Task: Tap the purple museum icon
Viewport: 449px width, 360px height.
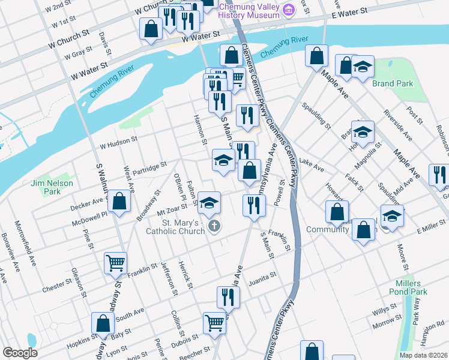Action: pyautogui.click(x=289, y=9)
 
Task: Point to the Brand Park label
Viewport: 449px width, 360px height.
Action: pyautogui.click(x=393, y=83)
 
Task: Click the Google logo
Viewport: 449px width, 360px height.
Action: pyautogui.click(x=20, y=353)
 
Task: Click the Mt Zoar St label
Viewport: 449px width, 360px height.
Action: pyautogui.click(x=172, y=209)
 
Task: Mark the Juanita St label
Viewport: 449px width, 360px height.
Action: pyautogui.click(x=261, y=277)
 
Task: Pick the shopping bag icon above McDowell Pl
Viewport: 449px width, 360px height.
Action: pyautogui.click(x=119, y=201)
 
